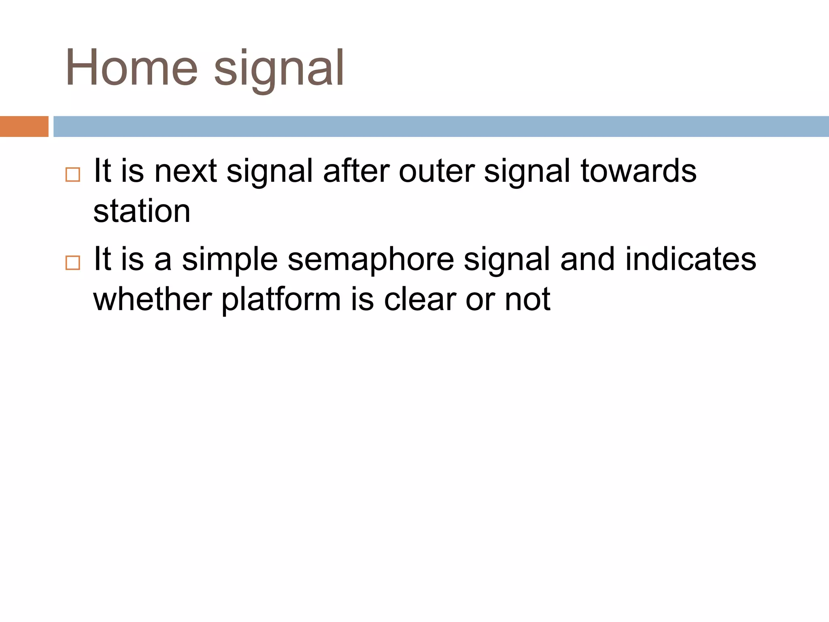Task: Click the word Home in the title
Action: (x=131, y=68)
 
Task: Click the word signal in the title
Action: (x=279, y=69)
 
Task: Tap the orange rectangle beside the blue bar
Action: (x=24, y=126)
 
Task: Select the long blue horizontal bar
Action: (x=441, y=126)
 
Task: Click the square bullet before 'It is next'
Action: (x=73, y=175)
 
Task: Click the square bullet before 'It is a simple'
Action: (x=73, y=263)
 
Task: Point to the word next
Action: (x=185, y=172)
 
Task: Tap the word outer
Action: (x=436, y=172)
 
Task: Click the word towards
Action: (x=638, y=172)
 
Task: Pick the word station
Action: (x=142, y=212)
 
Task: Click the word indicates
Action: (x=691, y=259)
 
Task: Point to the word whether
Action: (x=153, y=300)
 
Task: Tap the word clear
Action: (x=420, y=300)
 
